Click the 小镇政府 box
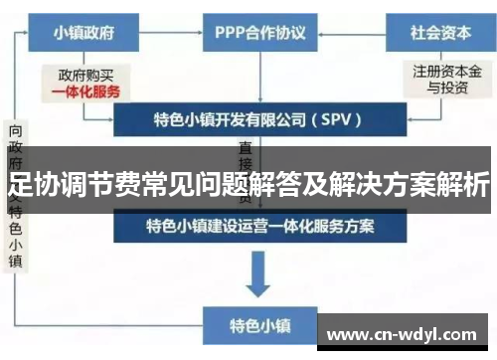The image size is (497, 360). (x=85, y=33)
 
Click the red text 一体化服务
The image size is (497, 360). (x=86, y=90)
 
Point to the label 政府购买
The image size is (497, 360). (x=86, y=74)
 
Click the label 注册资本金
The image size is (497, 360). (x=447, y=72)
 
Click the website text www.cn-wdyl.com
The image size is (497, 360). (x=402, y=334)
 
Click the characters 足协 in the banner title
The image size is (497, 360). (x=30, y=184)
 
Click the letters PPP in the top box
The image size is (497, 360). (x=232, y=33)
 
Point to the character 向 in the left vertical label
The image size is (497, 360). (x=17, y=131)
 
